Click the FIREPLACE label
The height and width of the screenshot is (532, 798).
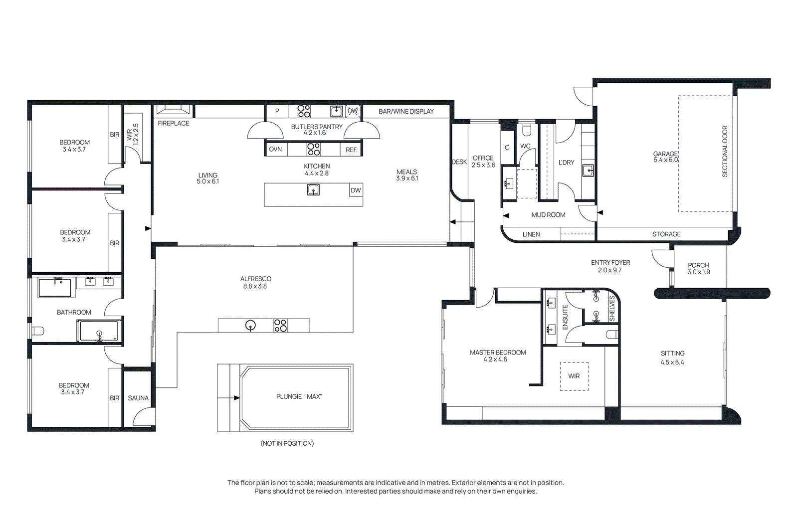coord(174,123)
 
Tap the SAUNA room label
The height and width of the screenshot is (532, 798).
coord(138,398)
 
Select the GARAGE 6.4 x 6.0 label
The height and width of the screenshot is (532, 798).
coord(665,157)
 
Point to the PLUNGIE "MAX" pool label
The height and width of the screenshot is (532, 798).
coord(299,397)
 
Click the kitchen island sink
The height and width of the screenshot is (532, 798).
coord(313,190)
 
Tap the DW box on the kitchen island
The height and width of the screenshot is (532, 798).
coord(356,190)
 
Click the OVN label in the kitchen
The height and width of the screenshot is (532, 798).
coord(275,149)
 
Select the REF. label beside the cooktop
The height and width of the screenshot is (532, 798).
coord(351,150)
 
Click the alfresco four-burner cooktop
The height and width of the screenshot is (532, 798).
coord(280,326)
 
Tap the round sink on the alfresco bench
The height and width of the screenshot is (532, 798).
coord(251,325)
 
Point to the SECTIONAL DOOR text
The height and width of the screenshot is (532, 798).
coord(725,152)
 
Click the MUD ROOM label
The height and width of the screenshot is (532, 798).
coord(548,215)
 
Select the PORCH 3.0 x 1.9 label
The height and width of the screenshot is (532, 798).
coord(699,268)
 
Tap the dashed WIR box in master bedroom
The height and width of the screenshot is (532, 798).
coord(574,376)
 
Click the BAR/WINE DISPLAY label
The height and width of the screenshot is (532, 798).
coord(406,112)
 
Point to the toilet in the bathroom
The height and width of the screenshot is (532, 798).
coord(38,331)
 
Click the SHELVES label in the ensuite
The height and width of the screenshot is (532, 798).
coord(612,308)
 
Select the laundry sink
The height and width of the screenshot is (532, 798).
coord(588,171)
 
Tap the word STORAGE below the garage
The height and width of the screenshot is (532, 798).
coord(666,234)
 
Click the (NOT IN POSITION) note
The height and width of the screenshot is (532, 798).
coord(287,443)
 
